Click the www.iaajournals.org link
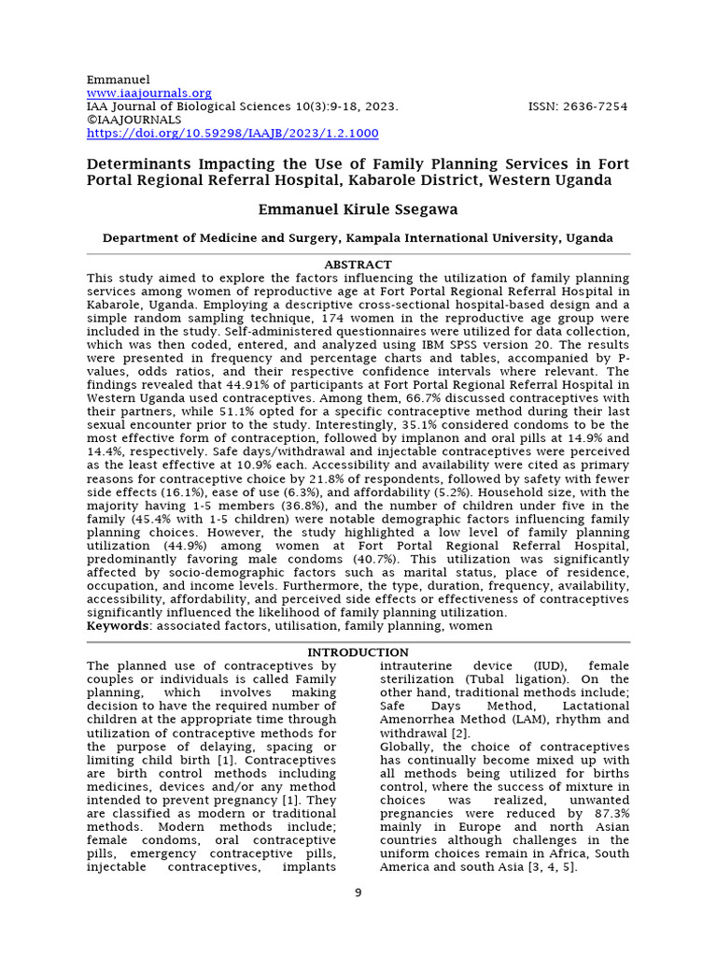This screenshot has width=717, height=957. [x=149, y=93]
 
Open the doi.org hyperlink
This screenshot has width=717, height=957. [x=232, y=134]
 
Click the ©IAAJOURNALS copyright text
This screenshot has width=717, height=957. [x=134, y=121]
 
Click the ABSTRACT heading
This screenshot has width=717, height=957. [x=358, y=265]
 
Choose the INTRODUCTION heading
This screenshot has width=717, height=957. [x=358, y=652]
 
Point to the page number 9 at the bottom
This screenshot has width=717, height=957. [x=358, y=893]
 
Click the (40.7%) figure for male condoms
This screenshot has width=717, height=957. [x=333, y=559]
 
